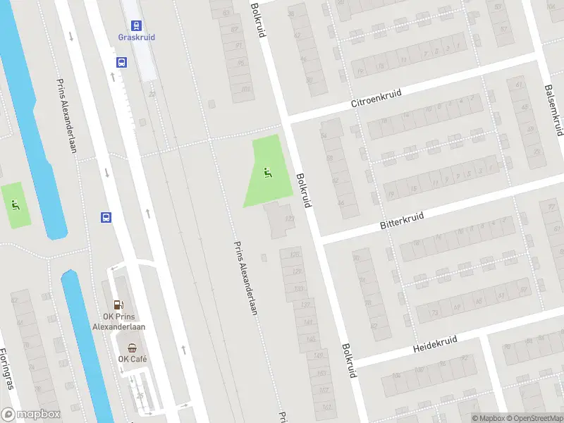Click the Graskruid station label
136,37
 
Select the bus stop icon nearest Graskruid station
121,62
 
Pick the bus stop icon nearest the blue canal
106,217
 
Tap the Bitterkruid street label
401,220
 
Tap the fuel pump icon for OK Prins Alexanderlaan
118,305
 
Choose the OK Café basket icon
132,347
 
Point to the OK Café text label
133,359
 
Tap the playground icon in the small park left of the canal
15,205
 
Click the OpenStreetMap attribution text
534,418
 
